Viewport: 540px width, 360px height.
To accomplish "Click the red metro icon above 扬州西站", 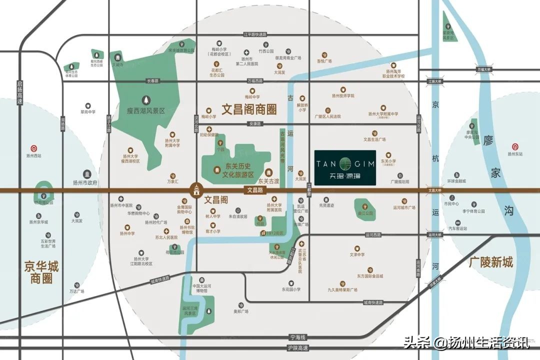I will point(33,148).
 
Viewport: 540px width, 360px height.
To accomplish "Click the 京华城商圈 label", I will point(41,272).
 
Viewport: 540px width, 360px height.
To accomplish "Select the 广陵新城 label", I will point(491,262).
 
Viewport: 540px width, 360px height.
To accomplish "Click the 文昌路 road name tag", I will point(255,190).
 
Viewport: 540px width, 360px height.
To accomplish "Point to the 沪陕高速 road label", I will point(298,348).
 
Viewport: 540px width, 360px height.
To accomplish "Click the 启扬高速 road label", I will point(20,92).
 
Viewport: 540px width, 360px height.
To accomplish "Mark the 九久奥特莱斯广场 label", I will point(342,290).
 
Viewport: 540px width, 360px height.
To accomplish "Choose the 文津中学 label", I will point(356,255).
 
